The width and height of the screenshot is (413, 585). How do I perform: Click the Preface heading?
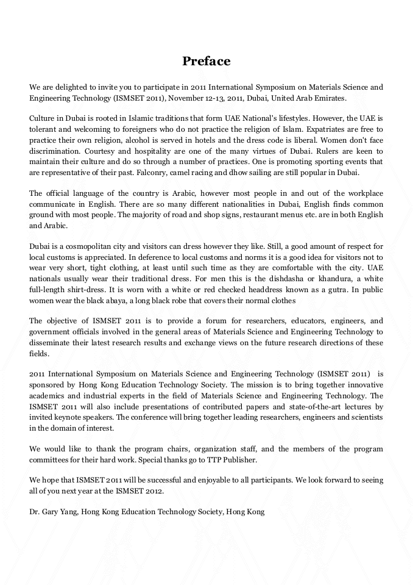(206, 62)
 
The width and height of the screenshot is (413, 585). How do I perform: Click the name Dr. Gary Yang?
(54, 512)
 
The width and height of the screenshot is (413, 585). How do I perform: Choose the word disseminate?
(51, 342)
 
